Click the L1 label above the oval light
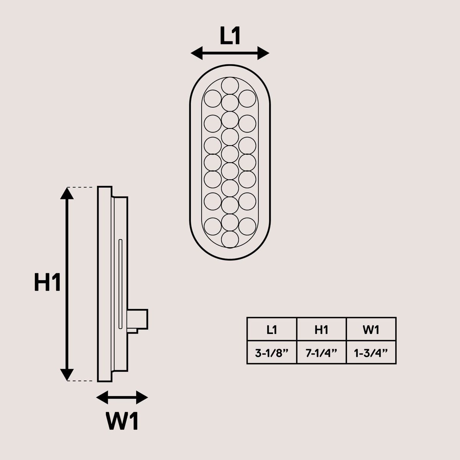(230, 36)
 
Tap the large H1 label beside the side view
(47, 282)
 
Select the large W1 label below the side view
(122, 421)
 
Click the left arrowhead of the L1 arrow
(197, 53)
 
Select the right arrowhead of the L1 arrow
(263, 53)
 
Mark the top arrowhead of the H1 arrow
(67, 193)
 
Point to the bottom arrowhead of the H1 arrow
(67, 375)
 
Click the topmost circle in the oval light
(230, 86)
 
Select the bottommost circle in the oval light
(230, 240)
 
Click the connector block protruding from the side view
(138, 319)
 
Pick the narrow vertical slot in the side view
(120, 284)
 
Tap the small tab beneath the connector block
(133, 331)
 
